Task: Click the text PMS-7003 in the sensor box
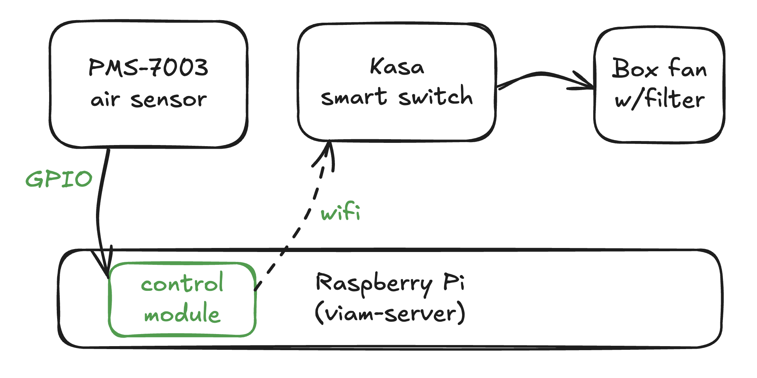coord(148,68)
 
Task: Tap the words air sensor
coord(148,100)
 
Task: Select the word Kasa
coord(397,67)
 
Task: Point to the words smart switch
coord(397,97)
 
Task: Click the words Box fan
coord(659,68)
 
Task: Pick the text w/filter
coord(659,99)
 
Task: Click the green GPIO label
coord(59,179)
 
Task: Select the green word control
coord(182,283)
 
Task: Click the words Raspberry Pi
coord(390,283)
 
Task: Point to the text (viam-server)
coord(390,314)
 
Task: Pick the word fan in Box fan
coord(687,68)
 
